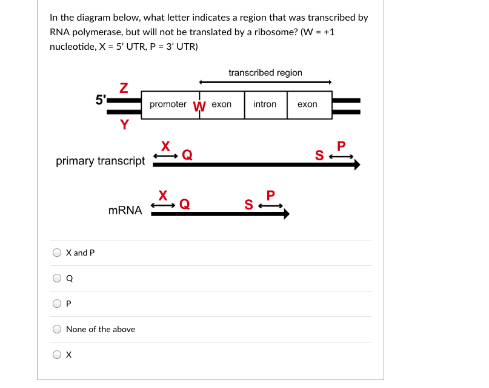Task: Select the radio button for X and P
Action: (x=57, y=253)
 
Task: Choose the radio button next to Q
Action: (x=57, y=279)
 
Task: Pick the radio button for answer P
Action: (x=57, y=304)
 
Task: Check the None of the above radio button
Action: (x=57, y=329)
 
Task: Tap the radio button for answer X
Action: (x=57, y=355)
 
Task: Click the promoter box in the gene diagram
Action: (x=168, y=104)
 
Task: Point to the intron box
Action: (x=265, y=104)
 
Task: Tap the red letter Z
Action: (x=124, y=88)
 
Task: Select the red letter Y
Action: (x=124, y=125)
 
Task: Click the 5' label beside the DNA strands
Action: (x=101, y=100)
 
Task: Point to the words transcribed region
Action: (x=265, y=73)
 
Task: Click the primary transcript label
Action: (x=100, y=161)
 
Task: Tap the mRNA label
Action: (x=125, y=211)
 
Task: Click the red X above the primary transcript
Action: (x=165, y=146)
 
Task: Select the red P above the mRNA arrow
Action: (x=270, y=196)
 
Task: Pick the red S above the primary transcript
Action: (x=319, y=155)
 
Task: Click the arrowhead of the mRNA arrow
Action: (x=286, y=214)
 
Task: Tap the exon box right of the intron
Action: (x=307, y=104)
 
